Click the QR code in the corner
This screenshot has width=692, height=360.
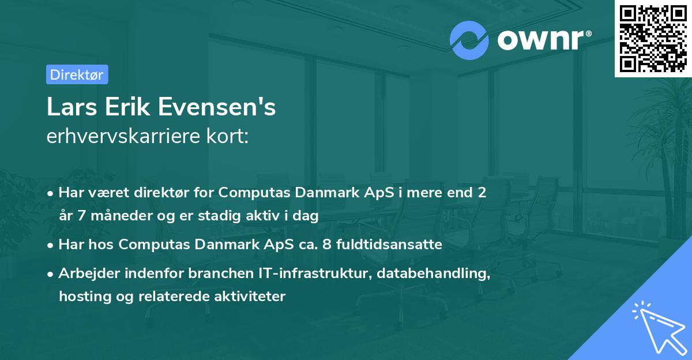pyautogui.click(x=653, y=38)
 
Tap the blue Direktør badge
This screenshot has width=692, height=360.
pyautogui.click(x=77, y=74)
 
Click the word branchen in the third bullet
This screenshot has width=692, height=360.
pyautogui.click(x=216, y=274)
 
